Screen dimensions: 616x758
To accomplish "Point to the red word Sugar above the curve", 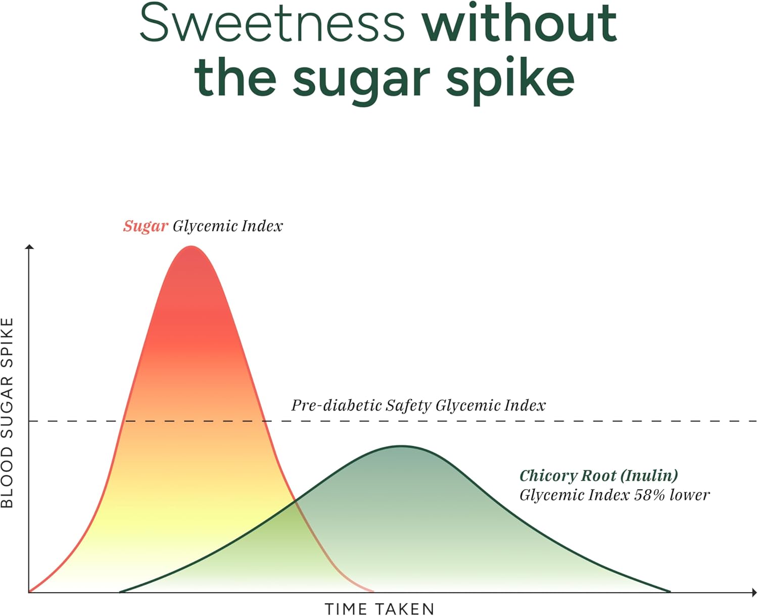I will (x=146, y=226).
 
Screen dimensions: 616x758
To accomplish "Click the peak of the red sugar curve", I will (x=191, y=247).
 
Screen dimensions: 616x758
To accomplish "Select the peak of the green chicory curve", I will (x=401, y=446).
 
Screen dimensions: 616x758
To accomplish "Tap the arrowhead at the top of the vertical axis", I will (x=30, y=247).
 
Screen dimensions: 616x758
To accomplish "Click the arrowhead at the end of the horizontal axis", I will (x=753, y=592).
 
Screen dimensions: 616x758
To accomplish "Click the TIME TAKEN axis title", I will (x=380, y=609).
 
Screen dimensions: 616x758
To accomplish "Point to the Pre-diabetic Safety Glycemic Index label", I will (x=418, y=405).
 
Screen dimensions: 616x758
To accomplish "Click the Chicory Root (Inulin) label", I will (x=598, y=476).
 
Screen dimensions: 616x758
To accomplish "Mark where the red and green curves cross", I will (x=295, y=502).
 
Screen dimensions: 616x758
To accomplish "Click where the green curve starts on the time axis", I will (x=120, y=591).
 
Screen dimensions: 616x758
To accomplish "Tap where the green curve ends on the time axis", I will (x=670, y=591).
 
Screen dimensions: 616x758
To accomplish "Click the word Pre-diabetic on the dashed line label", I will (x=336, y=405).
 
